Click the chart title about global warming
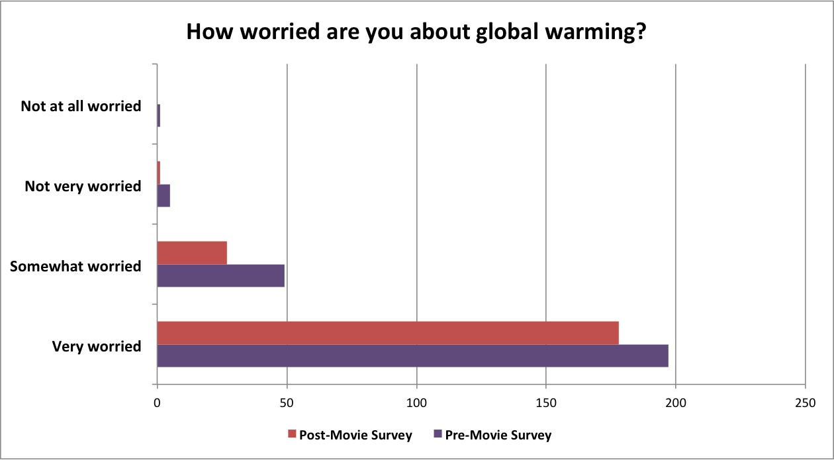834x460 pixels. tap(416, 32)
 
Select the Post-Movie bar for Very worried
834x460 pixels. tap(388, 333)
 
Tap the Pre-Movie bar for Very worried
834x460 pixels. tap(412, 355)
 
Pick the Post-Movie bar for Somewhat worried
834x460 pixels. tap(192, 253)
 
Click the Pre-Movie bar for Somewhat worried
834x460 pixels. tap(220, 275)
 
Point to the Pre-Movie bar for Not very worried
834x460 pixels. tap(163, 196)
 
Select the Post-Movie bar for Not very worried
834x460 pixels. tap(159, 173)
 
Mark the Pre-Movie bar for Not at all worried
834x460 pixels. tap(159, 116)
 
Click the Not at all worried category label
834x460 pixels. tap(81, 106)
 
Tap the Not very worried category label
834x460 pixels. tap(83, 187)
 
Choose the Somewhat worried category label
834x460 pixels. tap(75, 266)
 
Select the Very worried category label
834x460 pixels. tap(97, 346)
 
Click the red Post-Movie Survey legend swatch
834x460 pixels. tap(292, 434)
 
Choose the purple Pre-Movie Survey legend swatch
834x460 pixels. tap(438, 434)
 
